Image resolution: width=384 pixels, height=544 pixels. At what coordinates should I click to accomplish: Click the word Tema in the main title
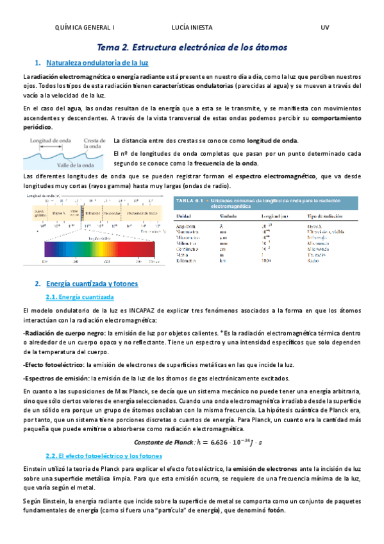coord(107,47)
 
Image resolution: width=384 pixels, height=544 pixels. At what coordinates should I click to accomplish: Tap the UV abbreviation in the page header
coord(324,28)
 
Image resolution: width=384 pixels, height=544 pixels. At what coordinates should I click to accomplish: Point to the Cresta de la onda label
coord(95,143)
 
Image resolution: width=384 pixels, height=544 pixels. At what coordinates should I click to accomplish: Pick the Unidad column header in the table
coord(185,215)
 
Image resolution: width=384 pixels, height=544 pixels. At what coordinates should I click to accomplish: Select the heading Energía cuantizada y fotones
coord(96,284)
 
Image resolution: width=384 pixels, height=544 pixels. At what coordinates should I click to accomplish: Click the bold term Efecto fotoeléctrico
coord(48,364)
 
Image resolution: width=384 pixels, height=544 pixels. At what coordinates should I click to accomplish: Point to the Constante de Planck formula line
coord(192,441)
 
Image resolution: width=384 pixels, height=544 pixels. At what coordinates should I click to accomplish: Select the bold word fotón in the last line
coord(275,510)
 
